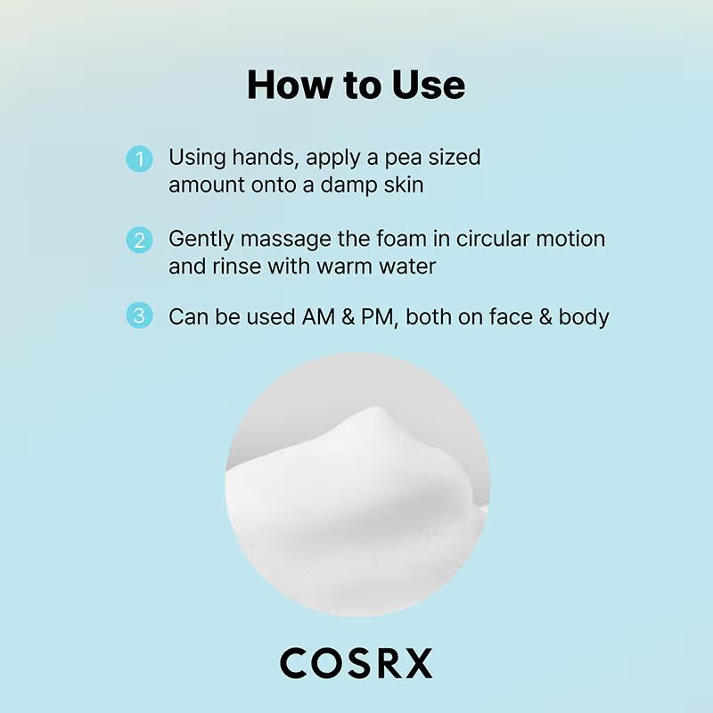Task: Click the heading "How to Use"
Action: pyautogui.click(x=356, y=86)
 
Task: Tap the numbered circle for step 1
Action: pyautogui.click(x=139, y=160)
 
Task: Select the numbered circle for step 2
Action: pyautogui.click(x=139, y=241)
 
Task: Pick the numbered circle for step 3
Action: pyautogui.click(x=139, y=316)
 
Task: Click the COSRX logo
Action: pyautogui.click(x=356, y=663)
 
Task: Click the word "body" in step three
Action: pyautogui.click(x=584, y=316)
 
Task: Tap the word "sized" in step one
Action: pyautogui.click(x=456, y=159)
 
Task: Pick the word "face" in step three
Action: pyautogui.click(x=506, y=316)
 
